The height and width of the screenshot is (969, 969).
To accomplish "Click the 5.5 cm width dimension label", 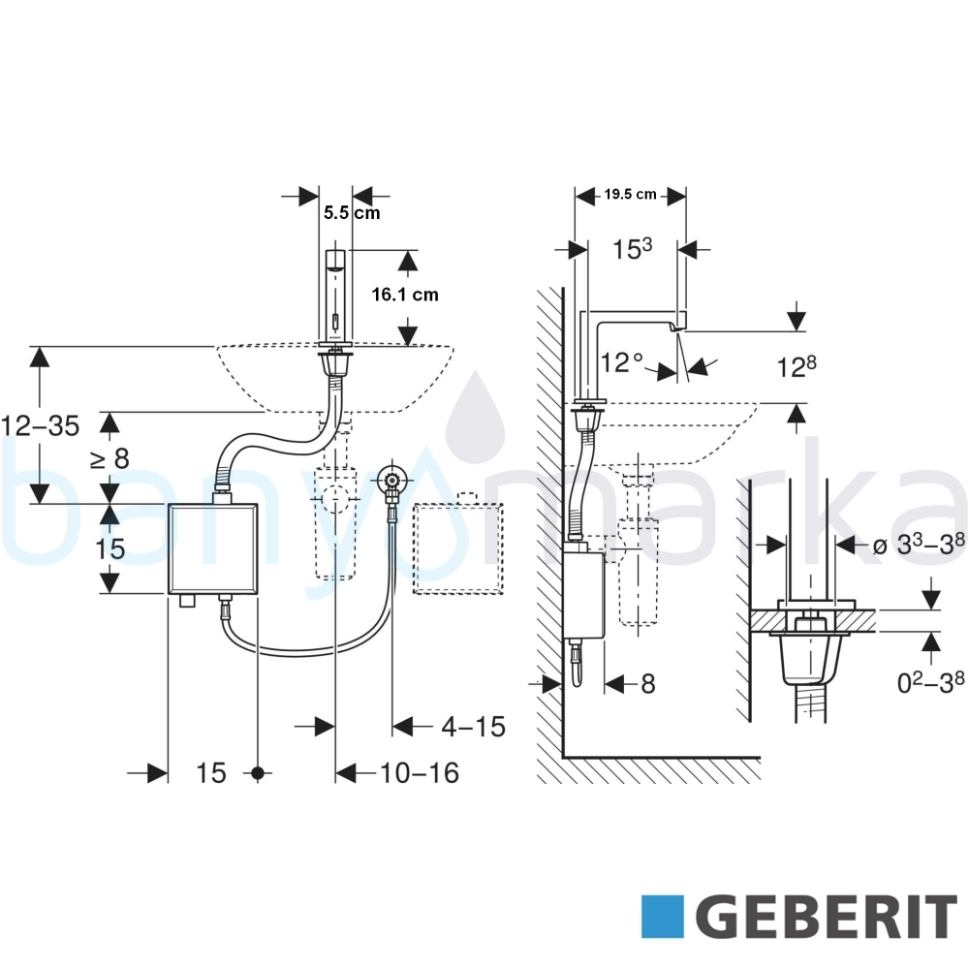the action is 352,213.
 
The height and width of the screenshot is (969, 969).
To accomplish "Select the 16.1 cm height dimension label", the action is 405,295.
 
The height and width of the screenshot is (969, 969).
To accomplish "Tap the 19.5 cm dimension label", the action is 631,194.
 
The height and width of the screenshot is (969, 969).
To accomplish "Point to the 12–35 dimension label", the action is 41,425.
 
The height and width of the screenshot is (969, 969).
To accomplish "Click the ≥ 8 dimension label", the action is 110,458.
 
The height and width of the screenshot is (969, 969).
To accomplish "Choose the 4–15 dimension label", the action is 474,727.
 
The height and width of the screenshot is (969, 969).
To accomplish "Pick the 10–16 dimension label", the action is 420,773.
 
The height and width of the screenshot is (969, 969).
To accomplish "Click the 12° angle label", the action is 622,362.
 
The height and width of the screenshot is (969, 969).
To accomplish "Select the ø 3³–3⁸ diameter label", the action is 919,545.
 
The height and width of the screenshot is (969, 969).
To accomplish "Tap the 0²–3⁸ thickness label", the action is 930,682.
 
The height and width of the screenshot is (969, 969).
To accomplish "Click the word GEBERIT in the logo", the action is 830,917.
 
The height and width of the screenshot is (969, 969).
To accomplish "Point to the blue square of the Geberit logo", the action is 663,917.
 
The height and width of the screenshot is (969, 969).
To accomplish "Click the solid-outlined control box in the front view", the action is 213,548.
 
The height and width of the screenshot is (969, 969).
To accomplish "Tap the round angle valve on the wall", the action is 391,479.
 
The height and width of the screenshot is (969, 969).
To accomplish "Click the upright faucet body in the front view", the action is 335,297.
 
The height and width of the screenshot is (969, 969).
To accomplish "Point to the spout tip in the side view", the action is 678,329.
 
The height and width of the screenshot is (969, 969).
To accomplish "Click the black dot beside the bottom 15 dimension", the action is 259,773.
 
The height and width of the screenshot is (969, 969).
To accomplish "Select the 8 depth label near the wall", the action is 647,684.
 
